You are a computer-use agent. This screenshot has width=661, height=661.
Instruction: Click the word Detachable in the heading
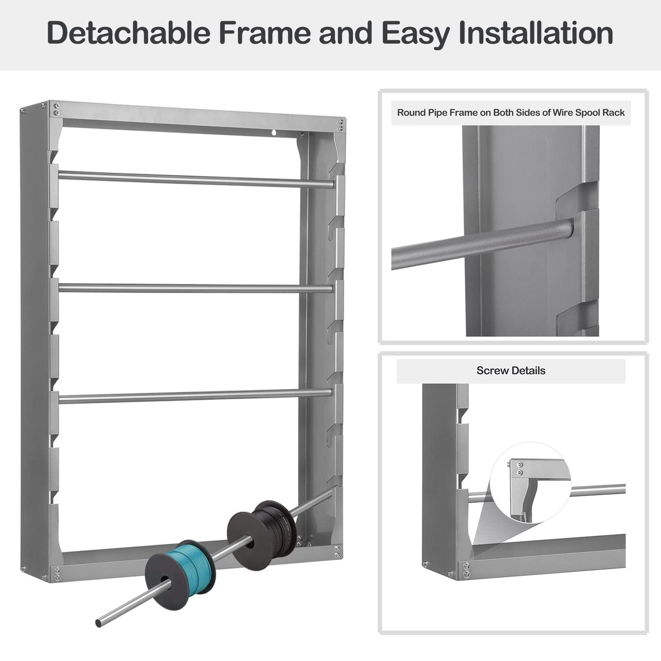[x=128, y=33]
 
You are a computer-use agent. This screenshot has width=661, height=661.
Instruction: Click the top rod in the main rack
[x=196, y=178]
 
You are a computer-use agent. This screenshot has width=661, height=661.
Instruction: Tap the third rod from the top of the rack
[x=195, y=396]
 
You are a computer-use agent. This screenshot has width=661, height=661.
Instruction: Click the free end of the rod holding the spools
[x=99, y=623]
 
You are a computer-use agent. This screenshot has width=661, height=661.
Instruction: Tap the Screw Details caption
[x=511, y=371]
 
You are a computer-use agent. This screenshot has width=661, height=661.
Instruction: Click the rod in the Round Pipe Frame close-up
[x=483, y=245]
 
